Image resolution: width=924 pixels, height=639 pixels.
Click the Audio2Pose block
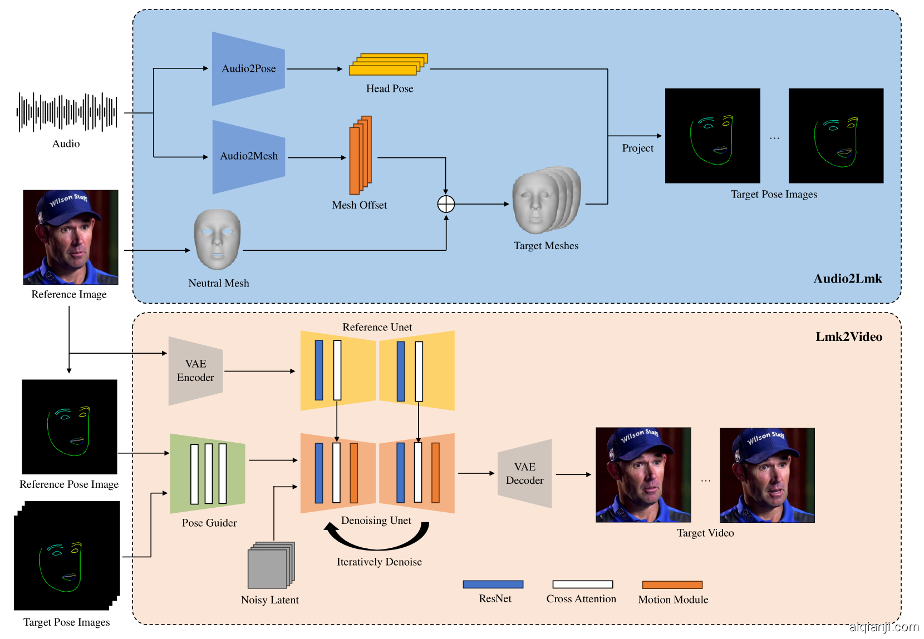pos(248,68)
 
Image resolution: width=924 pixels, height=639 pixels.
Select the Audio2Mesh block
pos(248,156)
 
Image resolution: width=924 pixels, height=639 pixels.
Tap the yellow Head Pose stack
pos(388,64)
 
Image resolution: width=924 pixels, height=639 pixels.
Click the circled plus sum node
pos(446,204)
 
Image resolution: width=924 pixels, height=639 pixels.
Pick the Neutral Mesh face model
pos(217,239)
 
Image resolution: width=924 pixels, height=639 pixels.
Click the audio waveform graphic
pos(67,112)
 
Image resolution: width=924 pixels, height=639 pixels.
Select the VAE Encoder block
pos(195,370)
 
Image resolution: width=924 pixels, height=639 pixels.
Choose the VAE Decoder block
pos(524,473)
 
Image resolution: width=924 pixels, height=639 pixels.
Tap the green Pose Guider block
pos(208,473)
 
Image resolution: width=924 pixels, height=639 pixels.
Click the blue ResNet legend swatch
pos(493,584)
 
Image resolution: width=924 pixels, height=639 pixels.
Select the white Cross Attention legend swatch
pos(582,584)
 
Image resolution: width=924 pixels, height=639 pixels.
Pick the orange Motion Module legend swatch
pos(672,585)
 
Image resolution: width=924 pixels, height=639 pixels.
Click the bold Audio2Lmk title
pos(847,279)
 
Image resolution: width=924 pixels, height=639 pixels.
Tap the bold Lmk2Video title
pos(848,336)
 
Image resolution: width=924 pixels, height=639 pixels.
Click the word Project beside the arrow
pos(637,148)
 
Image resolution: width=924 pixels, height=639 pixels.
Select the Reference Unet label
pos(377,327)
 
